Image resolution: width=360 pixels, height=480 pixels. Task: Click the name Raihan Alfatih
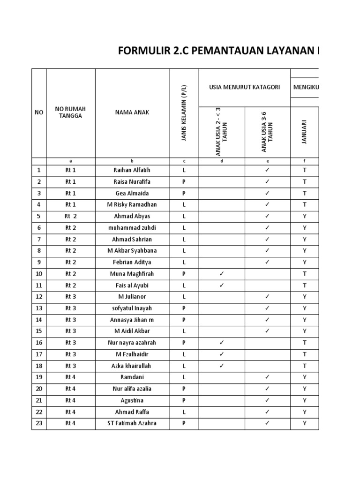tap(132, 170)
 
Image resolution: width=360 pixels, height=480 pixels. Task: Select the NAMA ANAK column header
tap(132, 112)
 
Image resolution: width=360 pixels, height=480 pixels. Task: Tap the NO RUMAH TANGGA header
tap(70, 112)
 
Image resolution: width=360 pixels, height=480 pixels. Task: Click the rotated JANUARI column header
tap(305, 132)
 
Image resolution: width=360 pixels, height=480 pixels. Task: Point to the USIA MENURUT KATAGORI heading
tap(244, 87)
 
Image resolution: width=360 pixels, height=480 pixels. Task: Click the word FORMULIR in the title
tap(140, 51)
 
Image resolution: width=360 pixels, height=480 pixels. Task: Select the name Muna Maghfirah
tap(132, 273)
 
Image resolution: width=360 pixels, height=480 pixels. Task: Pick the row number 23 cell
tap(39, 423)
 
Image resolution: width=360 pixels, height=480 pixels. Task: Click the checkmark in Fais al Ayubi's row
tap(222, 285)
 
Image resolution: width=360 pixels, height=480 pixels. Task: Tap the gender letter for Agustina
tap(184, 400)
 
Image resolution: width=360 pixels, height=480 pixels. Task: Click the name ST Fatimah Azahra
tap(132, 423)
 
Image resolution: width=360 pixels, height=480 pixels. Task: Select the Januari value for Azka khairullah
tap(305, 366)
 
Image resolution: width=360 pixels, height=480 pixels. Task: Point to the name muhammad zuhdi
tap(132, 227)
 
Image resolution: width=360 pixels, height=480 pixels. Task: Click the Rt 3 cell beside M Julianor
tap(70, 296)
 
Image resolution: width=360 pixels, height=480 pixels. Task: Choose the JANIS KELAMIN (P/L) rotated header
tap(184, 112)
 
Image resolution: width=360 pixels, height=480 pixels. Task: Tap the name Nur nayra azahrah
tap(132, 342)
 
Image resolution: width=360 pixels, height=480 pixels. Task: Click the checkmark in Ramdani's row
tap(267, 377)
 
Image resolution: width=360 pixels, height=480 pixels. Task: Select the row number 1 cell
tap(39, 170)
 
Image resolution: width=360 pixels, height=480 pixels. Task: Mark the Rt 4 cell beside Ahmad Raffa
tap(70, 412)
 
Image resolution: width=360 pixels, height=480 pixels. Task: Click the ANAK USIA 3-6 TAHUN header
tap(267, 132)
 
